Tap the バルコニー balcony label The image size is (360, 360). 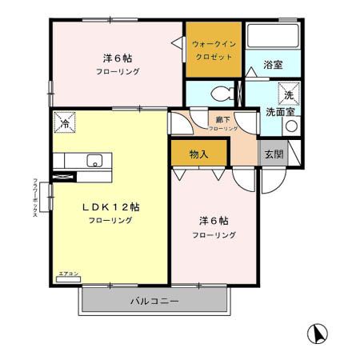154,302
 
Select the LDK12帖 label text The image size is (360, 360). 111,206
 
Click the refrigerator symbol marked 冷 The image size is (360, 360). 64,122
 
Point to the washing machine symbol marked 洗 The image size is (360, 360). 288,94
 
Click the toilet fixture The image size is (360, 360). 223,93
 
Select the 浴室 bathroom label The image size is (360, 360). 272,66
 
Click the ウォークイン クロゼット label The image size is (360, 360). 213,50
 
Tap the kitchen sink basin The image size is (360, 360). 94,160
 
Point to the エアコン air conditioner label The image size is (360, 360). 67,274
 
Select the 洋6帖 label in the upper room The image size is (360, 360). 117,58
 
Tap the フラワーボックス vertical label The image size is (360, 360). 36,202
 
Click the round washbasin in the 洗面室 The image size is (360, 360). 290,126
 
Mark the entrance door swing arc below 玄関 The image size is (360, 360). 270,180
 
